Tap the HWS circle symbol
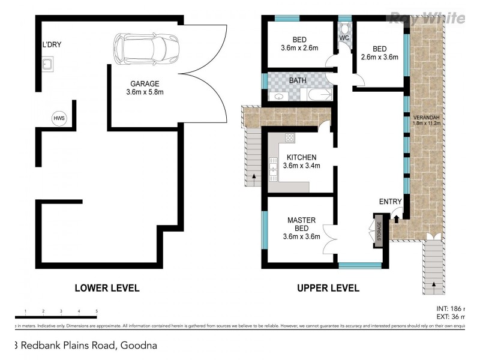coord(59,118)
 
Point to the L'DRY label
coord(52,44)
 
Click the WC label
coord(344,38)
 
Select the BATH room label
coord(298,80)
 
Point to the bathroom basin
coord(278,96)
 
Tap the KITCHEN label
coord(301,157)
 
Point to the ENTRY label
coord(390,202)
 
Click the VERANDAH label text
coord(427,117)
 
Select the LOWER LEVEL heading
coord(107,288)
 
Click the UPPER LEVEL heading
coord(328,288)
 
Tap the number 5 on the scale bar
coord(97,311)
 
